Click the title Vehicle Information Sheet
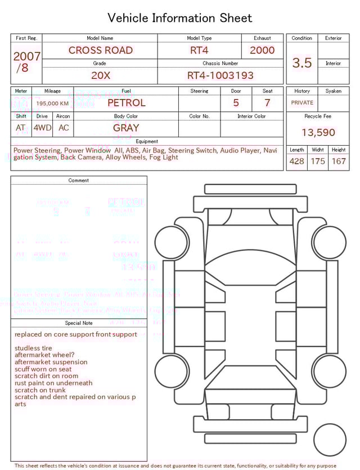point(180,18)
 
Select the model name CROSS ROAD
point(100,50)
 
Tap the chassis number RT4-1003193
point(220,75)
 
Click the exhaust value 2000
point(262,50)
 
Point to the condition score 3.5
point(302,63)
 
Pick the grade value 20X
point(100,75)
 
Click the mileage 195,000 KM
point(52,104)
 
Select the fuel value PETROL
point(126,103)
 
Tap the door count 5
point(236,103)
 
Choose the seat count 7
point(267,103)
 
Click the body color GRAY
point(126,128)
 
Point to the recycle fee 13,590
point(318,133)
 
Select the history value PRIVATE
point(302,103)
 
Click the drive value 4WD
point(42,128)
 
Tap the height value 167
point(339,162)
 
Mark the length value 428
point(296,162)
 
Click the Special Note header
point(79,323)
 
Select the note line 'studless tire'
point(33,348)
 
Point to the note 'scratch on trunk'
point(40,390)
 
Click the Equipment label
point(147,141)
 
